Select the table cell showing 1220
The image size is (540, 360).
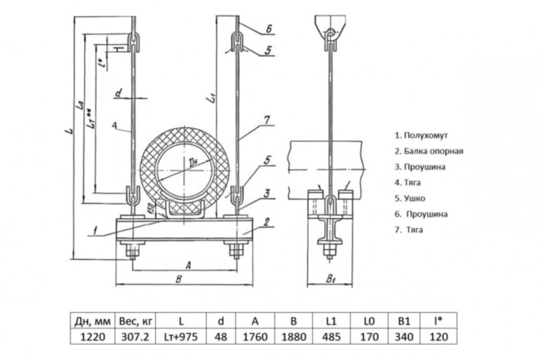(94, 337)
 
